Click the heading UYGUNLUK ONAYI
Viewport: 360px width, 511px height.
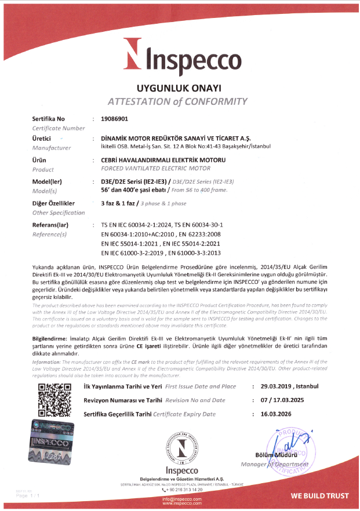tap(179, 89)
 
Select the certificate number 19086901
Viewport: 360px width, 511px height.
tap(114, 119)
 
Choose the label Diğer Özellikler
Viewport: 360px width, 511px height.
tap(53, 204)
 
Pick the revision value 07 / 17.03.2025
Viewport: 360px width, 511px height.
tap(289, 400)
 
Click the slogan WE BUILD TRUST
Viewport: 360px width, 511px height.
tap(320, 496)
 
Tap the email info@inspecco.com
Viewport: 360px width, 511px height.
tap(182, 499)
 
